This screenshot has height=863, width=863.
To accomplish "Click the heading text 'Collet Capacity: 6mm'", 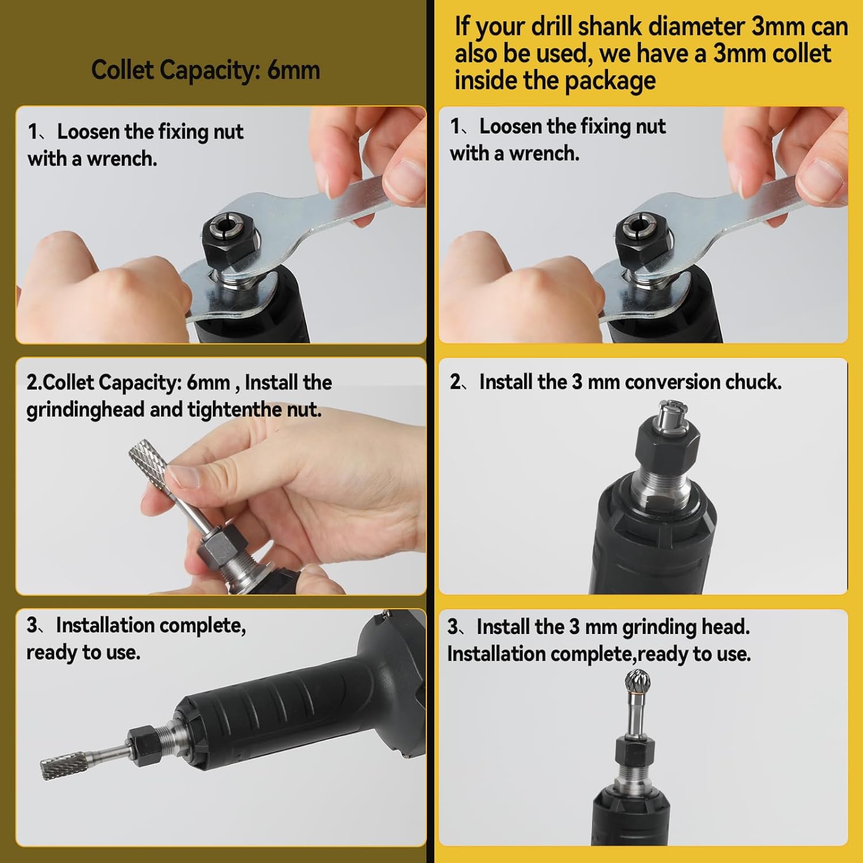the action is point(205,70).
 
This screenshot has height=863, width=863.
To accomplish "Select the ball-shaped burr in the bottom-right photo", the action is point(638,684).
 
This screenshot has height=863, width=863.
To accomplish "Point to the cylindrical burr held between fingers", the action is point(148,460).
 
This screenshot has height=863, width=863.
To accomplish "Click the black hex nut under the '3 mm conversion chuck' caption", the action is point(667,444).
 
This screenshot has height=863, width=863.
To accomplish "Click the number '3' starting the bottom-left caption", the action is point(32,625).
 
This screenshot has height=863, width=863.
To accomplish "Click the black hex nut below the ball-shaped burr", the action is point(635,750).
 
